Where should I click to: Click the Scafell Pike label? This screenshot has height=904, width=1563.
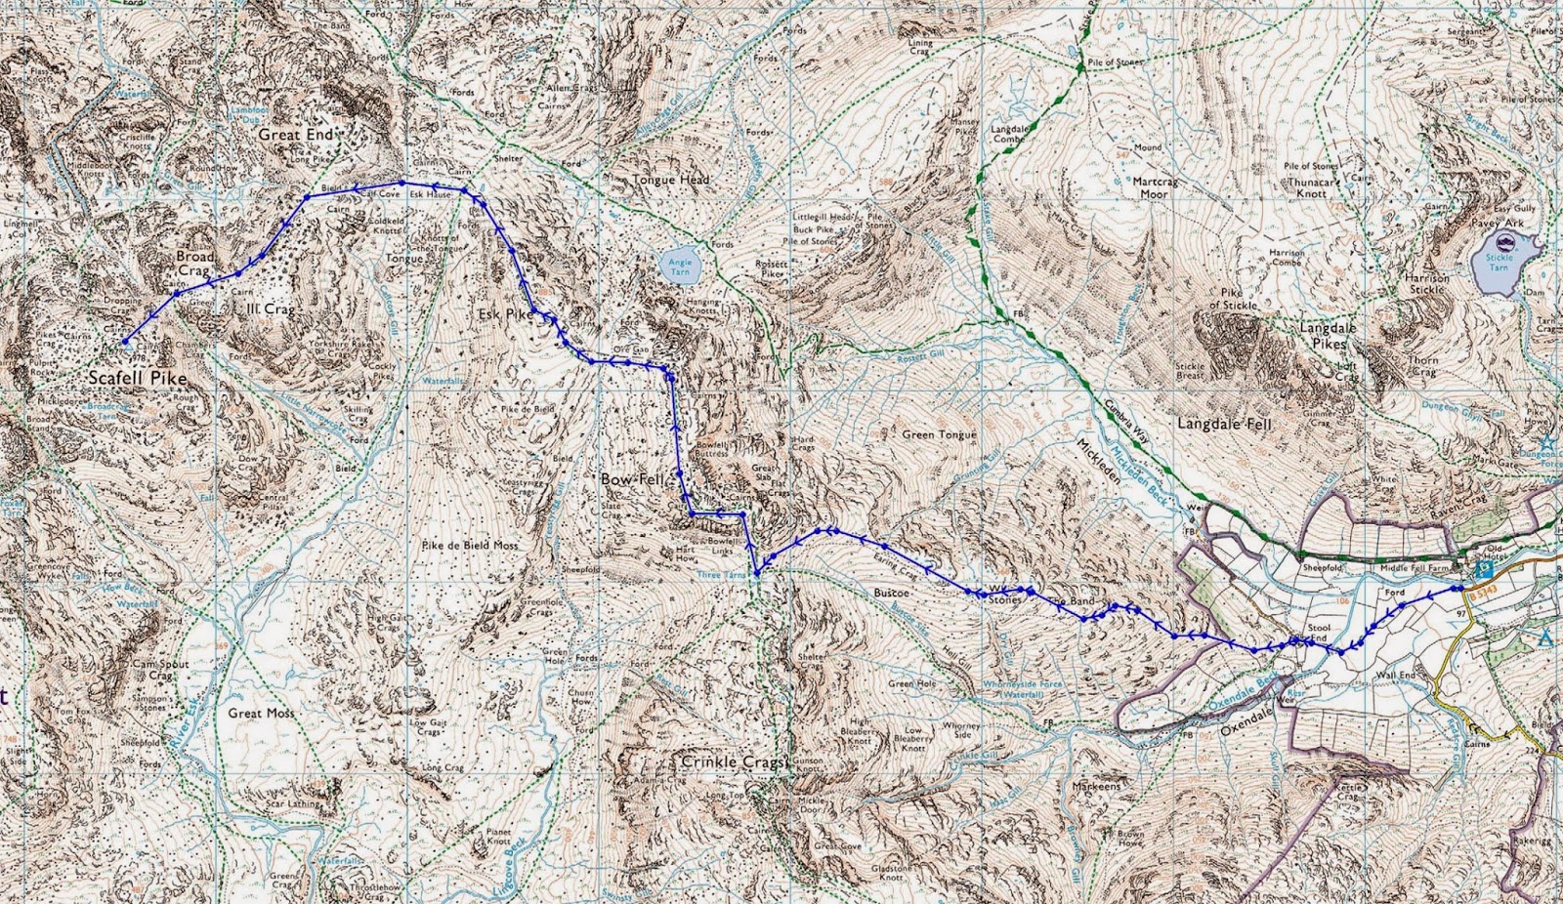[x=137, y=378]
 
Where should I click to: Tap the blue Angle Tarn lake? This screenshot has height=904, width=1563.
[x=679, y=265]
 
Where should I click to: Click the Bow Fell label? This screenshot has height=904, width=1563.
[x=631, y=480]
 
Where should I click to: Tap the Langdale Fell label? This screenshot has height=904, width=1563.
[x=1225, y=425]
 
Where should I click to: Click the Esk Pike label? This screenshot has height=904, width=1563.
[x=506, y=315]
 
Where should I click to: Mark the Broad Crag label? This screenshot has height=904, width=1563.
[x=194, y=263]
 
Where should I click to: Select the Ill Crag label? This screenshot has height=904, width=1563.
[x=271, y=309]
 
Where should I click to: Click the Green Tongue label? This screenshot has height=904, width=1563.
[x=939, y=434]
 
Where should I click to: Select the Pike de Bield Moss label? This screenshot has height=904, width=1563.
[x=470, y=545]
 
